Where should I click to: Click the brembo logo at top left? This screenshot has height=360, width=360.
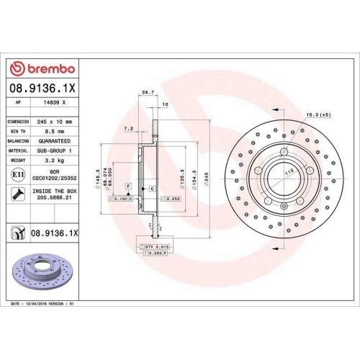(x=45, y=68)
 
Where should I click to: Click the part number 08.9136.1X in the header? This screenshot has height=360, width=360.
(x=43, y=89)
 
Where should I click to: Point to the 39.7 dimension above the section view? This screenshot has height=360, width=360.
(x=148, y=92)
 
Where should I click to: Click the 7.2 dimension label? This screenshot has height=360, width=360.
(x=129, y=129)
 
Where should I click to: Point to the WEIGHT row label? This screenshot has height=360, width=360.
(x=17, y=161)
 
